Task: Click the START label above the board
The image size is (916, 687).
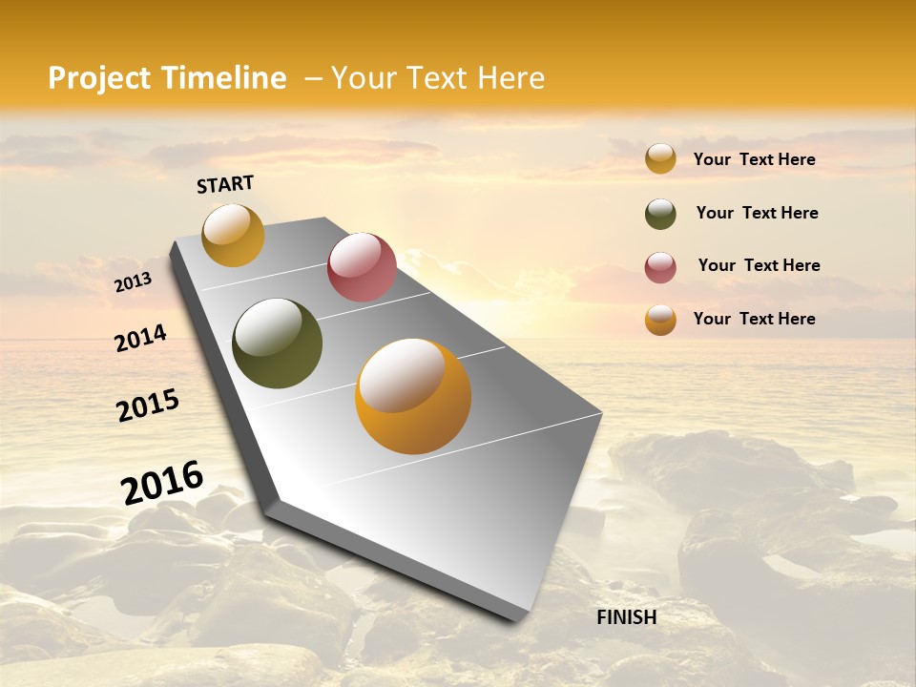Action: tap(225, 184)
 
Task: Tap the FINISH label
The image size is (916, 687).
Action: tap(627, 617)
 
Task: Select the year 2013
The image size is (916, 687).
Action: tap(133, 282)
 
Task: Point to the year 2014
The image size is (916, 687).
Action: tap(140, 339)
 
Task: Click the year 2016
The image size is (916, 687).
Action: tap(162, 483)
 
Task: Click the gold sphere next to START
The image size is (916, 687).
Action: tap(234, 236)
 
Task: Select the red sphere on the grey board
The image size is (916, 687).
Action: tap(362, 267)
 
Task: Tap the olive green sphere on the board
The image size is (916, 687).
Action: tap(278, 343)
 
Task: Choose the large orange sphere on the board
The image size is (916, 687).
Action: tap(413, 396)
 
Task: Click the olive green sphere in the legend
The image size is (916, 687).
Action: tap(660, 215)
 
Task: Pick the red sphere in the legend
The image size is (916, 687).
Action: tap(660, 268)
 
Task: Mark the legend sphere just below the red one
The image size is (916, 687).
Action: tap(660, 321)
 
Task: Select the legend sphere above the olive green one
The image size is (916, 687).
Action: tap(660, 159)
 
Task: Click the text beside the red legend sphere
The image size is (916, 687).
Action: tap(759, 265)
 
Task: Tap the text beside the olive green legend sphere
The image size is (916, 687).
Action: tap(757, 213)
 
